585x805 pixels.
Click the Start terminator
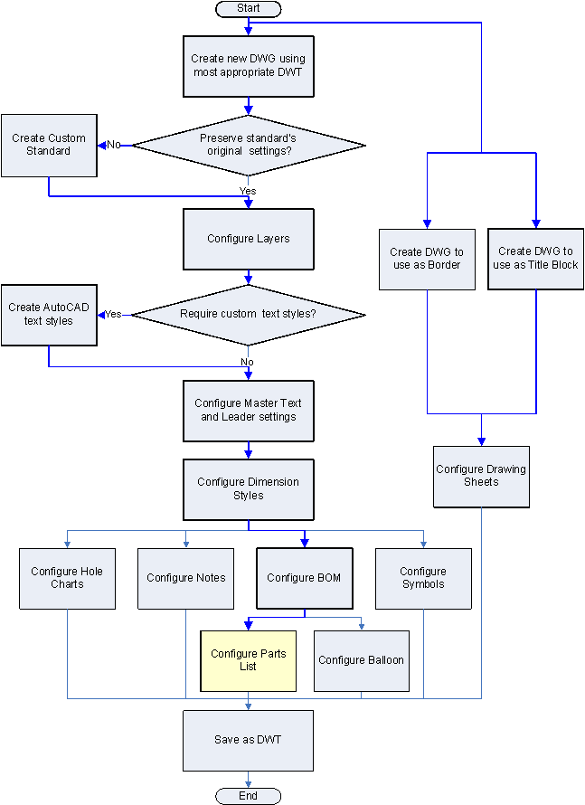tap(249, 8)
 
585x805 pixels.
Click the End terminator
tap(249, 796)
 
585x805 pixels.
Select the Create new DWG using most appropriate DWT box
tap(249, 65)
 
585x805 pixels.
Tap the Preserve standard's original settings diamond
tap(249, 145)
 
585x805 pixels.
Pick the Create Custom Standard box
tap(49, 145)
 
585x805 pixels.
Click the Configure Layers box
tap(249, 239)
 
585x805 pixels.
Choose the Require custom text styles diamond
tap(249, 315)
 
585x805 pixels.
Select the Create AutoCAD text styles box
tap(49, 315)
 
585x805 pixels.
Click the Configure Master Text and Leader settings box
tap(249, 410)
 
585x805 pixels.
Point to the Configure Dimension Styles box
tap(249, 489)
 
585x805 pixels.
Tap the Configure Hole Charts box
tap(68, 578)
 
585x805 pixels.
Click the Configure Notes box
tap(186, 578)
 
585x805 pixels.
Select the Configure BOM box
tap(304, 578)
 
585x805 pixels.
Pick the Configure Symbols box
tap(423, 578)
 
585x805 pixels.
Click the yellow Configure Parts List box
tap(248, 660)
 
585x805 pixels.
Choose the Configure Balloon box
tap(362, 660)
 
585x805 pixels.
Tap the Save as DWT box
tap(249, 740)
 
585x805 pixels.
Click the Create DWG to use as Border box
tap(427, 259)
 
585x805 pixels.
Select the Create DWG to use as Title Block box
tap(535, 259)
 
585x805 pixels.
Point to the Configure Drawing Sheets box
tap(481, 476)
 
